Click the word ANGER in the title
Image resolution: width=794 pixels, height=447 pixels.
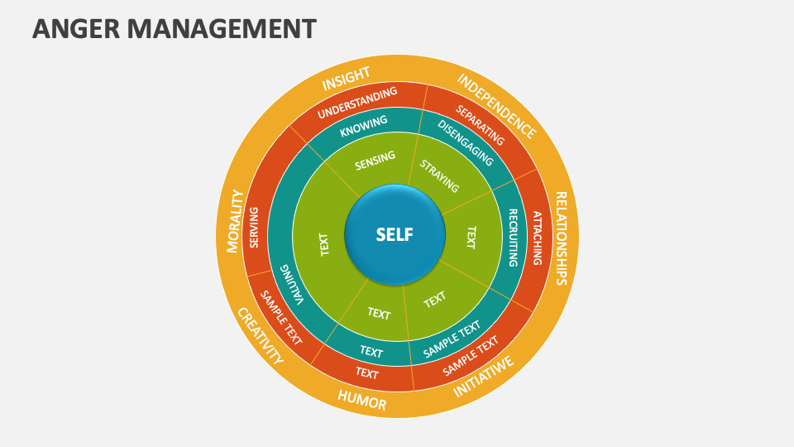69,29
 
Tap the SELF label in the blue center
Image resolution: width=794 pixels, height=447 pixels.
394,234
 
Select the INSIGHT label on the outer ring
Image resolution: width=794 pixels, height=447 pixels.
346,79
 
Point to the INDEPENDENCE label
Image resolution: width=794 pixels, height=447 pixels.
496,106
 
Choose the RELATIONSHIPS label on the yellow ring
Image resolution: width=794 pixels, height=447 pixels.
560,238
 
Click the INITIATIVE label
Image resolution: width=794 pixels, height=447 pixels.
484,376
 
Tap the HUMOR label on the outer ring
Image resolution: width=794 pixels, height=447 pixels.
361,401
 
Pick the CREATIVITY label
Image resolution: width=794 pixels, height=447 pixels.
260,336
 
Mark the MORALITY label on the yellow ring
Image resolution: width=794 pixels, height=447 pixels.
235,220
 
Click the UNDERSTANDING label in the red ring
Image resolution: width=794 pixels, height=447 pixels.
357,102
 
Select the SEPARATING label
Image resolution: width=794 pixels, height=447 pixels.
480,125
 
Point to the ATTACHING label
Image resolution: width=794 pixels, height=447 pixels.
537,238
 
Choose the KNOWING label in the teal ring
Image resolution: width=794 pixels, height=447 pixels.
363,125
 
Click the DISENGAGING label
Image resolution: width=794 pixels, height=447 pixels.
465,143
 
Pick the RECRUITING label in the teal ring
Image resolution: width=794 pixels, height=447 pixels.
513,238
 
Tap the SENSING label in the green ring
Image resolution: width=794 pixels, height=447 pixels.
375,161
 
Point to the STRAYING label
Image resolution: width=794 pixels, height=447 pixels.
438,175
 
